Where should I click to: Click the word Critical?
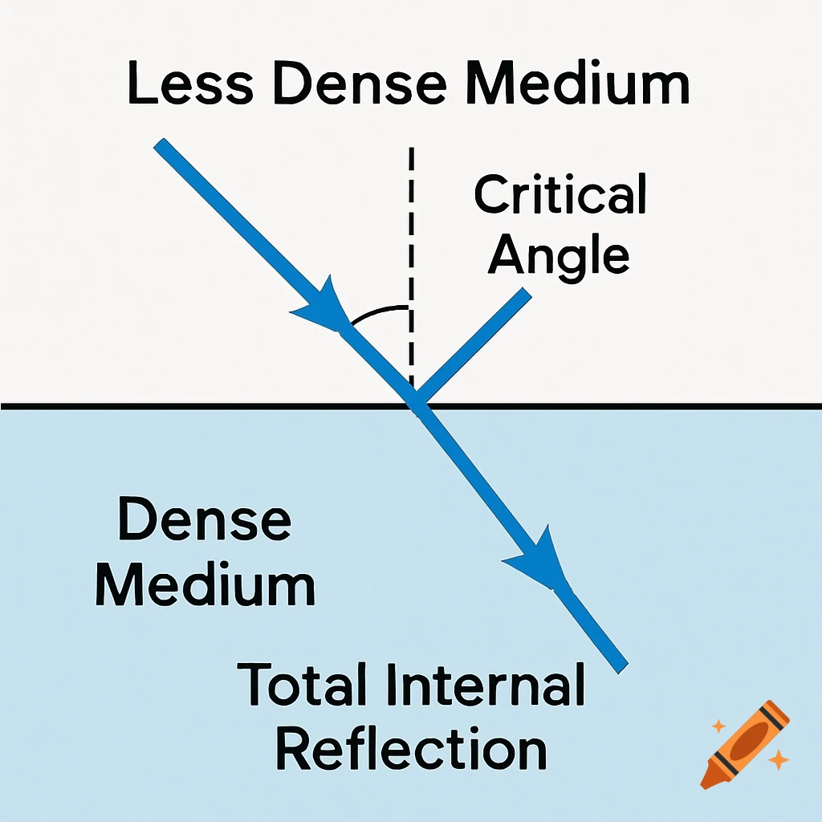[560, 194]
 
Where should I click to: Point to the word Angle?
[560, 255]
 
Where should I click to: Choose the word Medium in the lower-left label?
[205, 585]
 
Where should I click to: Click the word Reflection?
[411, 749]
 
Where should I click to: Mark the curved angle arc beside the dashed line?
[376, 313]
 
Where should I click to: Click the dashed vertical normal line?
[411, 241]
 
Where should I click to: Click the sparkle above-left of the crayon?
[718, 726]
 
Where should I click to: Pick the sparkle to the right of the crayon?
[777, 759]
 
